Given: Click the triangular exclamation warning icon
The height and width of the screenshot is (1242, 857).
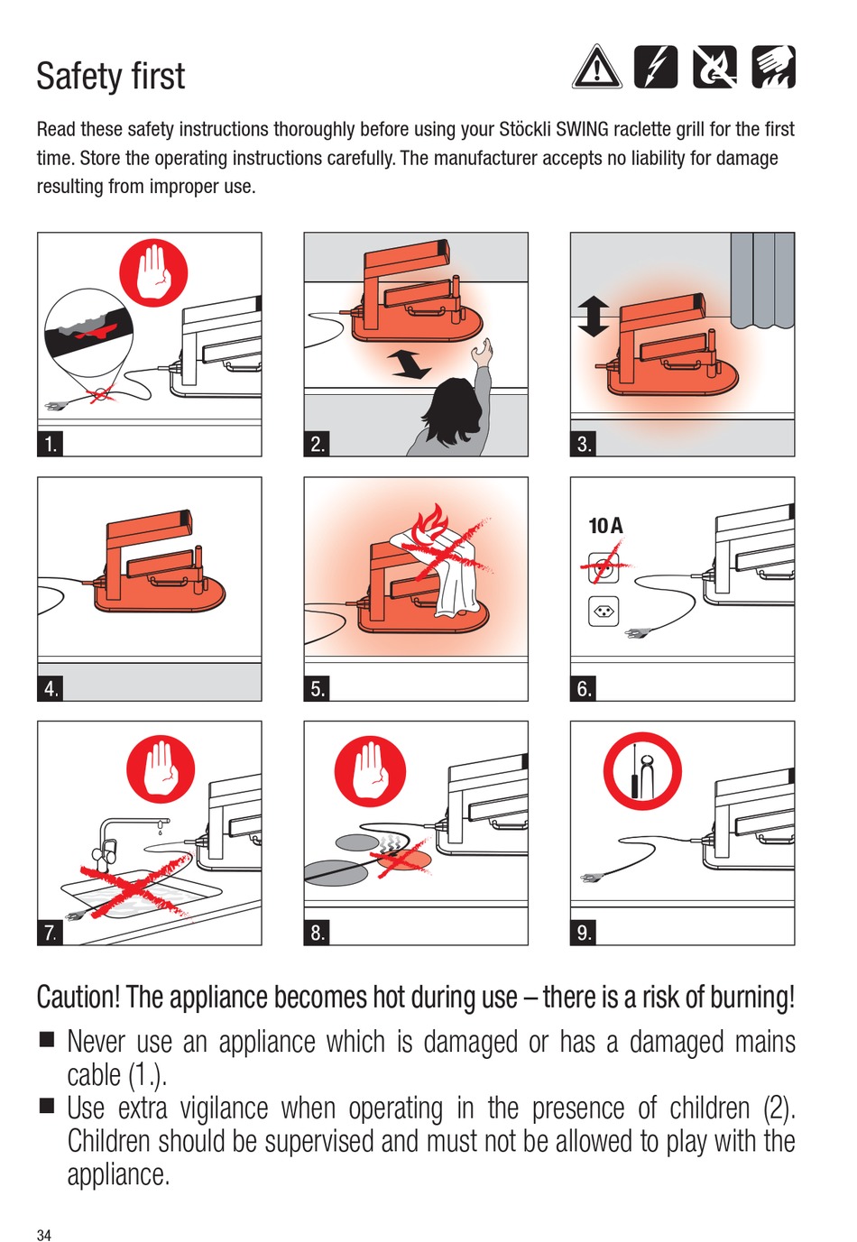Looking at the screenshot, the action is click(x=596, y=68).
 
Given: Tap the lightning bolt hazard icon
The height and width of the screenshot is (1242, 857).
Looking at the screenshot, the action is click(x=656, y=67).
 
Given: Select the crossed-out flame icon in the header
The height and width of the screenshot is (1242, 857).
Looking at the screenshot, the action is click(x=715, y=67).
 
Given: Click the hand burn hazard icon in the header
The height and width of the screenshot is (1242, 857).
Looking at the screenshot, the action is click(x=774, y=67).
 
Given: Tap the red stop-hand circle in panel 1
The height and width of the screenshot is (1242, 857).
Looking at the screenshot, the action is click(x=153, y=272).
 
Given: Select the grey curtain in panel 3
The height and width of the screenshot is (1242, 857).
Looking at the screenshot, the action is click(x=762, y=281).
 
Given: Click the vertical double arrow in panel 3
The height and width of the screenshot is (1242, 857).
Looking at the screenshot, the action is click(x=593, y=317).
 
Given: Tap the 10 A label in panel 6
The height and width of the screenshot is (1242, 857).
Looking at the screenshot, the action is click(x=605, y=526).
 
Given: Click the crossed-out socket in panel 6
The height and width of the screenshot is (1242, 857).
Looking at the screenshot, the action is click(x=604, y=566).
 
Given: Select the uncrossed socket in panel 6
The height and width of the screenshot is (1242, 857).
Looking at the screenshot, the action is click(x=604, y=611).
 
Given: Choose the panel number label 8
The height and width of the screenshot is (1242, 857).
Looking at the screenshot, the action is click(x=317, y=933).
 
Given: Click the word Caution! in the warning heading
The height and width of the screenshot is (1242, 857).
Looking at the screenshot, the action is click(x=78, y=997).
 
